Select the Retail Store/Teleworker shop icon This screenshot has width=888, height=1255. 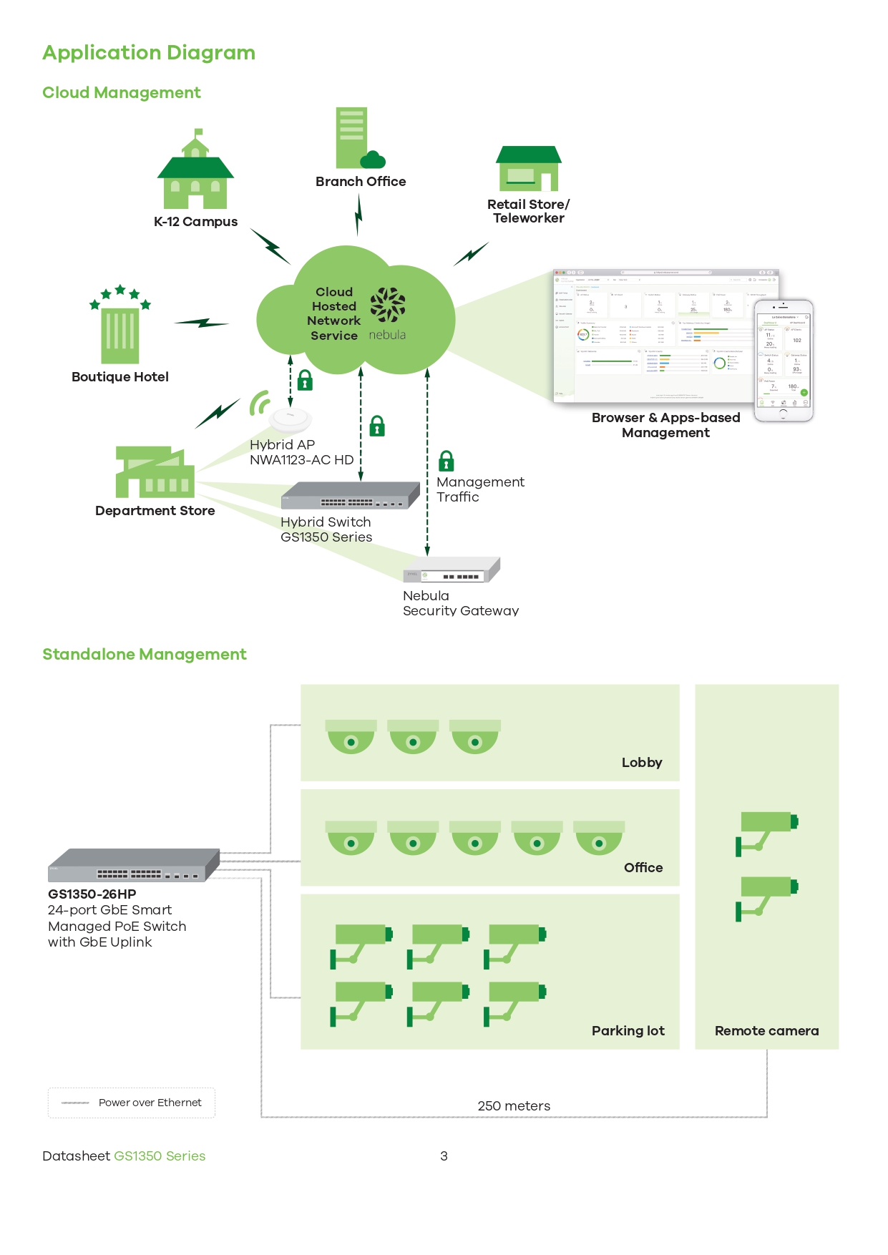(529, 169)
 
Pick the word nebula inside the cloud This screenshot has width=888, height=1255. (387, 335)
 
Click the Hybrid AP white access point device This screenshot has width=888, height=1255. (290, 419)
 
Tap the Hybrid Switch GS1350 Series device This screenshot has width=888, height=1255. (351, 496)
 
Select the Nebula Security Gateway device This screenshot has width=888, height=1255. (452, 571)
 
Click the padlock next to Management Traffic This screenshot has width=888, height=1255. (447, 461)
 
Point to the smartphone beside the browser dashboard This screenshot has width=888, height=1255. (784, 361)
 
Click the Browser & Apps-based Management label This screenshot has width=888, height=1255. (665, 425)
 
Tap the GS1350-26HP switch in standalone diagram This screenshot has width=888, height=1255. (134, 866)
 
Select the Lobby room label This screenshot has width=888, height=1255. (642, 763)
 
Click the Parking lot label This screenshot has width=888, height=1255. (628, 1031)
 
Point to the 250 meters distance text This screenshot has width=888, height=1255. (514, 1106)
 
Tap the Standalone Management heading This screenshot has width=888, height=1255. (145, 655)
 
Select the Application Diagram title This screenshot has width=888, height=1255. (149, 53)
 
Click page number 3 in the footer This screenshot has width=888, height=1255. (444, 1156)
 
